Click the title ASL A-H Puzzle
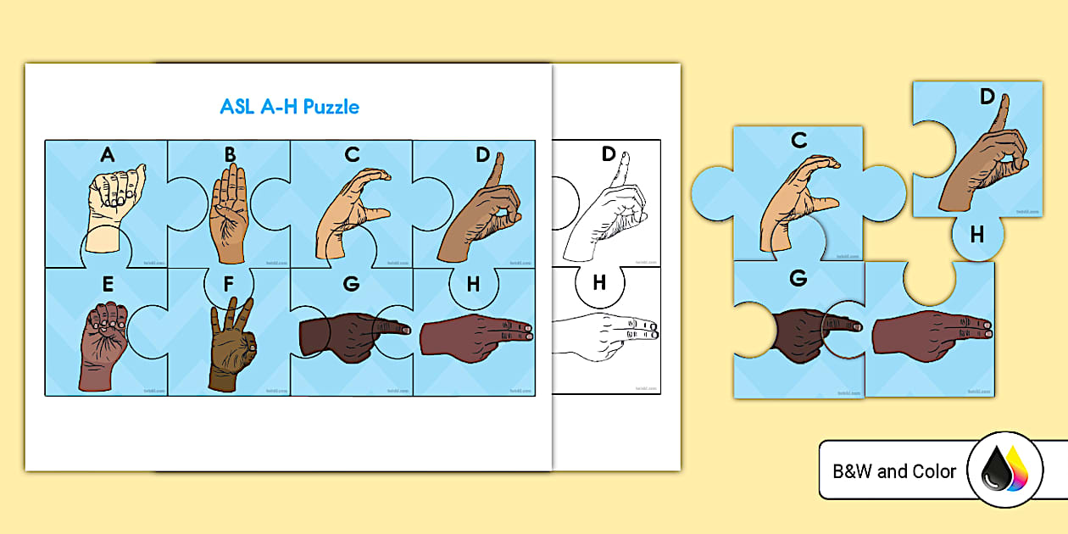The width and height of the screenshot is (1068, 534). coord(289,107)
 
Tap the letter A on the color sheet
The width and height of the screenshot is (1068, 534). coord(107,154)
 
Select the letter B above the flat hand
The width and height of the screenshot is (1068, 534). coord(230,154)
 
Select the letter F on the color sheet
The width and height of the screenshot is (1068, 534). coord(229,284)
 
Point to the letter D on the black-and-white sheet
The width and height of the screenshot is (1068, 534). coord(608,154)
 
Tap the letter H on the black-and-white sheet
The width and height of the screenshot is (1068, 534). coord(599,283)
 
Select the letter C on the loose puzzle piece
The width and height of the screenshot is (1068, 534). coord(798,141)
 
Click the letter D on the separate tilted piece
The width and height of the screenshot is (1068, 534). coord(987,97)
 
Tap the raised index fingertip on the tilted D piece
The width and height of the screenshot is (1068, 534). coord(1004,100)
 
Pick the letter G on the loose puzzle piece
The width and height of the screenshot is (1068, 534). coord(798,278)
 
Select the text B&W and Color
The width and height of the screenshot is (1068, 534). coord(894,471)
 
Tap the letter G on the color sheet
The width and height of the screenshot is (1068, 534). coord(351,284)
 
